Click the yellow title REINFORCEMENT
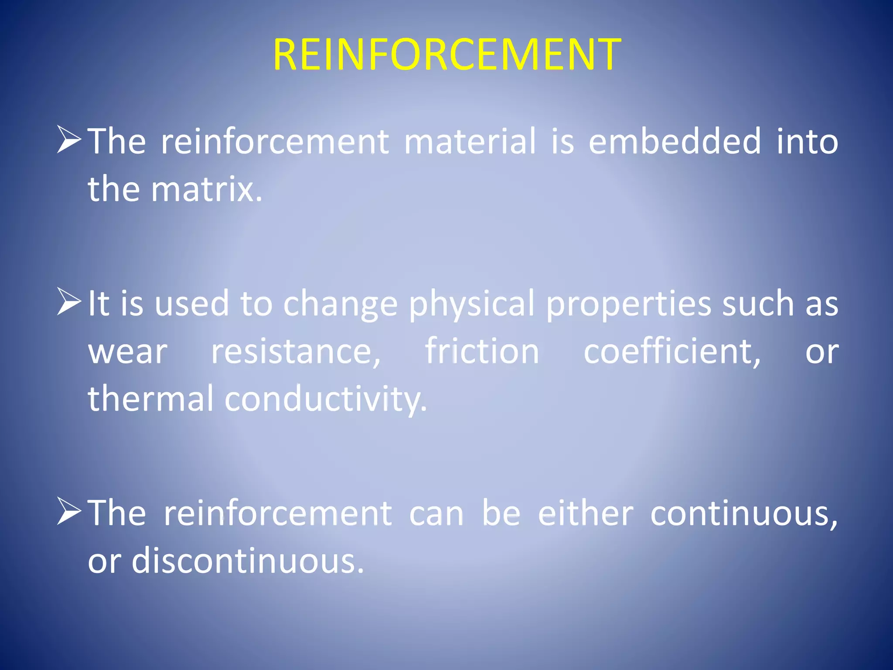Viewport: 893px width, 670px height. (446, 55)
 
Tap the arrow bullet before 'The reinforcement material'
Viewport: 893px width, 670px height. (69, 140)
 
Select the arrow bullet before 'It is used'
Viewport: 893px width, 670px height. (69, 301)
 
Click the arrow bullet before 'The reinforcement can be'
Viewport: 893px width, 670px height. (69, 511)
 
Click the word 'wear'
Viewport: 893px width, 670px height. (128, 352)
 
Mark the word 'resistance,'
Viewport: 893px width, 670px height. (296, 352)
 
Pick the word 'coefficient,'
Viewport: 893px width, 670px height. (672, 352)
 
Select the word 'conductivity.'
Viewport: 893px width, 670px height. (326, 400)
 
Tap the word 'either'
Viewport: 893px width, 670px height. (585, 513)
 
